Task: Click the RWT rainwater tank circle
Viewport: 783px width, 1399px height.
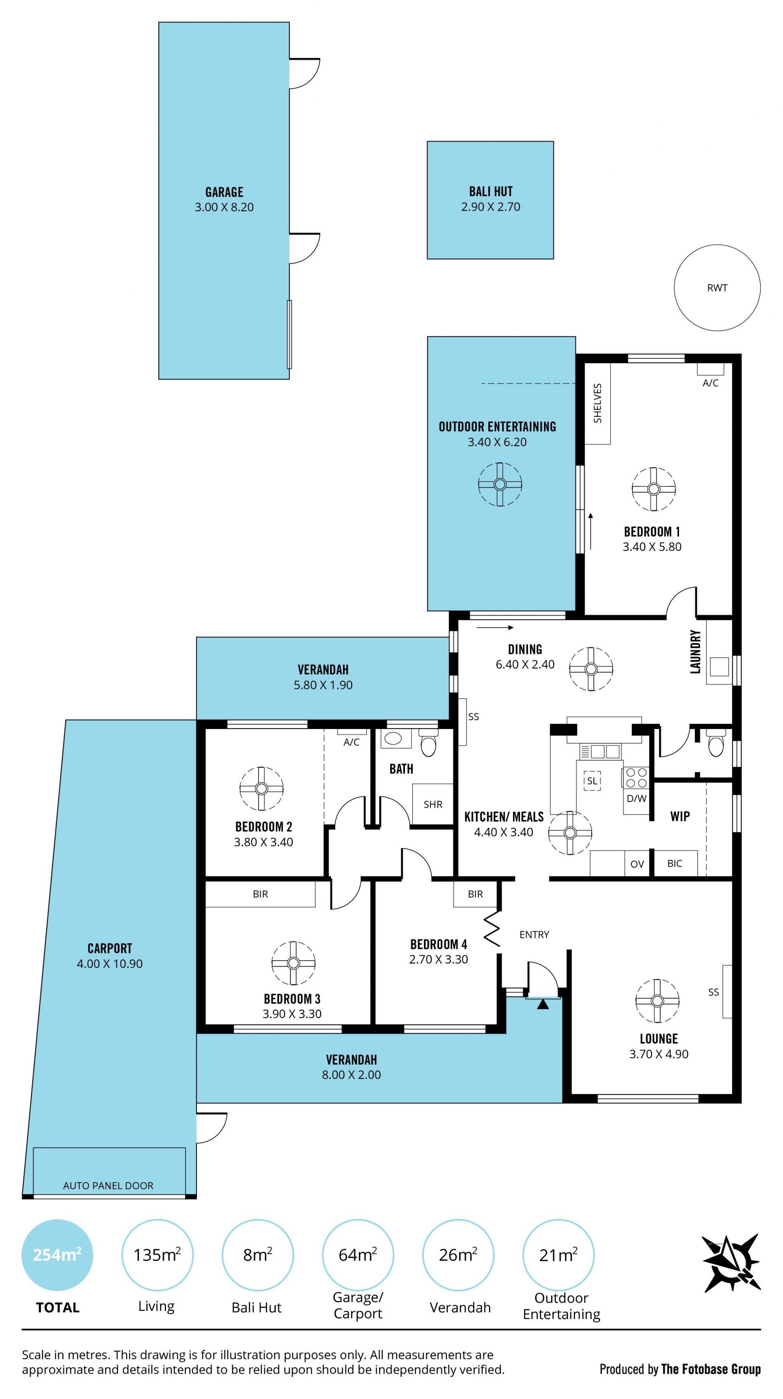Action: click(717, 245)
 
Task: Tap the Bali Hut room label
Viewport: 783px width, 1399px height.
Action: click(491, 192)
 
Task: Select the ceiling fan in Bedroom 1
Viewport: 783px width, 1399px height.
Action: click(654, 489)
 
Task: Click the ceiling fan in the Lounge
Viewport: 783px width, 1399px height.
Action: click(657, 1001)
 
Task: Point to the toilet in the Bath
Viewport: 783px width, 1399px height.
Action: click(429, 743)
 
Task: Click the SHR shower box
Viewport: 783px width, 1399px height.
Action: click(433, 804)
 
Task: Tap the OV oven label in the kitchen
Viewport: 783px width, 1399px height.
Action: click(637, 864)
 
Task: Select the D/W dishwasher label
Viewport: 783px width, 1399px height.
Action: click(636, 798)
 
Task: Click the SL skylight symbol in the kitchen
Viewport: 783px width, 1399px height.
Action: click(592, 781)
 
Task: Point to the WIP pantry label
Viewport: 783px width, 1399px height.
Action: click(680, 816)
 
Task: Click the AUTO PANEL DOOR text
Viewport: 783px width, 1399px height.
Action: click(108, 1186)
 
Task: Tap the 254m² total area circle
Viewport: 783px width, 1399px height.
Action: click(57, 1255)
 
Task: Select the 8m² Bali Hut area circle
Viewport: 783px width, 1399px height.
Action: click(257, 1255)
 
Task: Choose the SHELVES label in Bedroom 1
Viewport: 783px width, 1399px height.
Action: click(597, 404)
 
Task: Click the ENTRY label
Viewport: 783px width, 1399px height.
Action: click(534, 935)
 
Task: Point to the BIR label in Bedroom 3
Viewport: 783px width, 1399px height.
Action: click(260, 894)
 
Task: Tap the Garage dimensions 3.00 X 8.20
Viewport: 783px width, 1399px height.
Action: click(224, 207)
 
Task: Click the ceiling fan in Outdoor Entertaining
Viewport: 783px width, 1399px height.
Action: click(500, 484)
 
